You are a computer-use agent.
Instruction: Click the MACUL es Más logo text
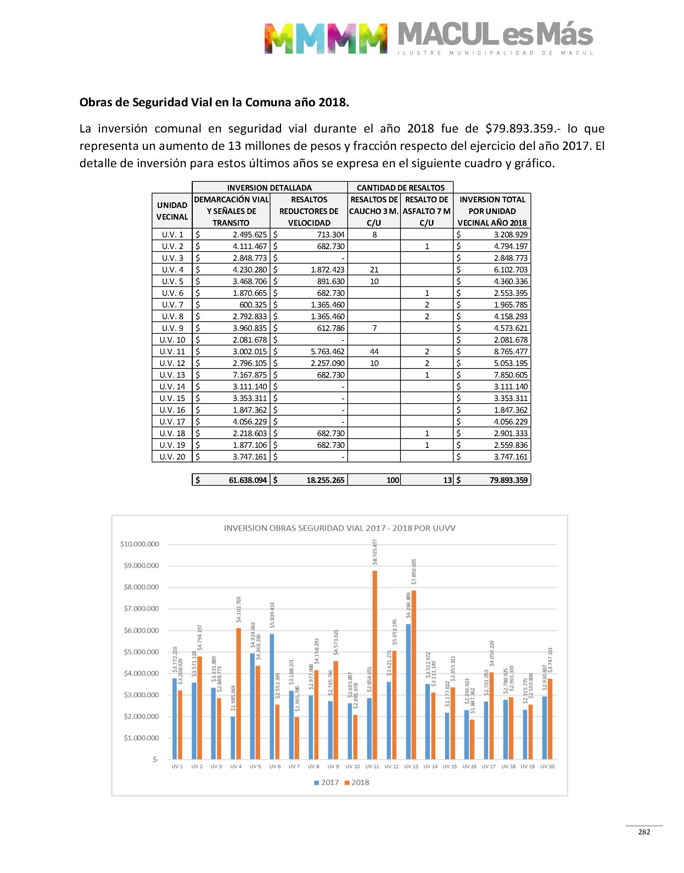[x=495, y=34]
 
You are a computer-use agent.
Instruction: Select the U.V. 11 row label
[x=172, y=351]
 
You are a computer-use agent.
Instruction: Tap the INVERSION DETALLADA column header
[x=269, y=187]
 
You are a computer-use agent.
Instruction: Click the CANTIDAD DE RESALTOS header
[x=400, y=187]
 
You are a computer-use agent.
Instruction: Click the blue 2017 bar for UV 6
[x=272, y=697]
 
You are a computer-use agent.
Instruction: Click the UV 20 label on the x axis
[x=548, y=766]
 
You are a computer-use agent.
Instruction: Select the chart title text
[x=339, y=528]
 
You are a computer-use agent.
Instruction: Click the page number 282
[x=644, y=832]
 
